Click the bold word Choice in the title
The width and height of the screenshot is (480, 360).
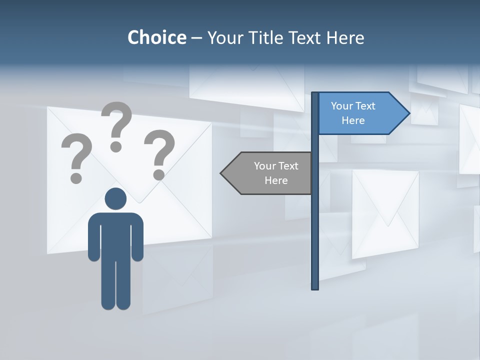[x=156, y=37]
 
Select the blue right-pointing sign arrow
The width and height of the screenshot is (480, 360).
[x=360, y=113]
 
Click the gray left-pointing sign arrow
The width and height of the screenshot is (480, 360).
[x=270, y=173]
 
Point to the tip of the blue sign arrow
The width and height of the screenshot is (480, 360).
[x=409, y=113]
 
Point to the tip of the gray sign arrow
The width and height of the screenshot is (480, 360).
[x=221, y=173]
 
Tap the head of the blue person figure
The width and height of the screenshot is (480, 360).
[x=115, y=199]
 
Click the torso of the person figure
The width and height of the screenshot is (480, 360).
[x=115, y=235]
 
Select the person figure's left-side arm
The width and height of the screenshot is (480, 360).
[x=93, y=237]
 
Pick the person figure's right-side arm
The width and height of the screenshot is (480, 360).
[x=138, y=237]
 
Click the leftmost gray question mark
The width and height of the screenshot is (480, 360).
[x=76, y=155]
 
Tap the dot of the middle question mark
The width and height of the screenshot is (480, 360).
[x=116, y=146]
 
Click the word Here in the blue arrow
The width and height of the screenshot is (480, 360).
[x=353, y=120]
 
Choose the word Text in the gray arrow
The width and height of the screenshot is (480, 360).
[x=287, y=166]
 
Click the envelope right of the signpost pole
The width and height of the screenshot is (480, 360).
[x=385, y=214]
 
